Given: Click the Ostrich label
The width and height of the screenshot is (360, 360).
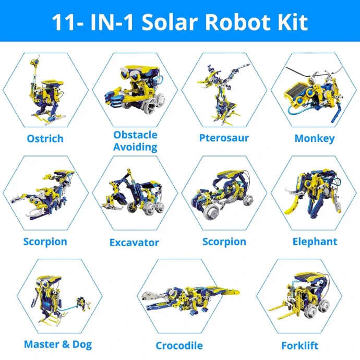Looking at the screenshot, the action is tap(45, 139).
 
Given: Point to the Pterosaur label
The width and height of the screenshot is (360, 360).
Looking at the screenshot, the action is tap(224, 138).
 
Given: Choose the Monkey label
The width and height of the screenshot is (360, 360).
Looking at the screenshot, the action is tap(315, 139).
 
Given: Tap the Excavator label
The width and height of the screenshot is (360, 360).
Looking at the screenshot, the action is tap(134, 243).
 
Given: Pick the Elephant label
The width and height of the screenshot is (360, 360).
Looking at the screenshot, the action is tap(315, 242).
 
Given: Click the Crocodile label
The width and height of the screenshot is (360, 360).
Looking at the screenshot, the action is tap(179, 346).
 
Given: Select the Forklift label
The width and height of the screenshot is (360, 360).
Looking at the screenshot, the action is tap(299, 346).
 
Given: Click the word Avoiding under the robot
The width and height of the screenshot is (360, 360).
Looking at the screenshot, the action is tap(135, 147).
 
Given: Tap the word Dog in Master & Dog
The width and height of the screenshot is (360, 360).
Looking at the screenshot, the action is tap(82, 345).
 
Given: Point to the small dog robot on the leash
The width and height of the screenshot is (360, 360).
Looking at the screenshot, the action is tap(82, 303).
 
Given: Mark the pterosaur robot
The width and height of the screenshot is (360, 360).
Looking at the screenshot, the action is tap(223, 94).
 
